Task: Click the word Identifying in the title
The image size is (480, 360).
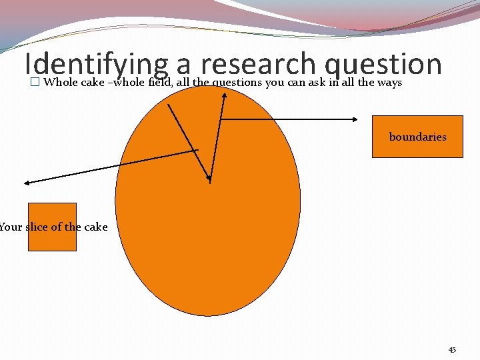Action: click(x=96, y=65)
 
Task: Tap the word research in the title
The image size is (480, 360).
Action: click(x=257, y=65)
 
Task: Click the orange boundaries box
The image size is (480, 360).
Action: click(x=417, y=137)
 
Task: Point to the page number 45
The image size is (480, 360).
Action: click(x=452, y=349)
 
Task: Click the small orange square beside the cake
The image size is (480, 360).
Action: click(x=52, y=227)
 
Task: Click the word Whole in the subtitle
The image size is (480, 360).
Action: click(x=60, y=83)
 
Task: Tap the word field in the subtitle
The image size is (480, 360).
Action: click(x=160, y=83)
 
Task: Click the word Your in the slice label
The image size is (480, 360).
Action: click(x=11, y=227)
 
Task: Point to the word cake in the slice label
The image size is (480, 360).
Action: click(x=96, y=227)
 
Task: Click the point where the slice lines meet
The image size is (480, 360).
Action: click(x=210, y=179)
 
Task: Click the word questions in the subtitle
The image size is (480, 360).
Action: click(x=237, y=83)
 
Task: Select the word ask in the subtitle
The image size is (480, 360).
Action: click(x=316, y=83)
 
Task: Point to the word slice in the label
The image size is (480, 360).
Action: click(x=37, y=227)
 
